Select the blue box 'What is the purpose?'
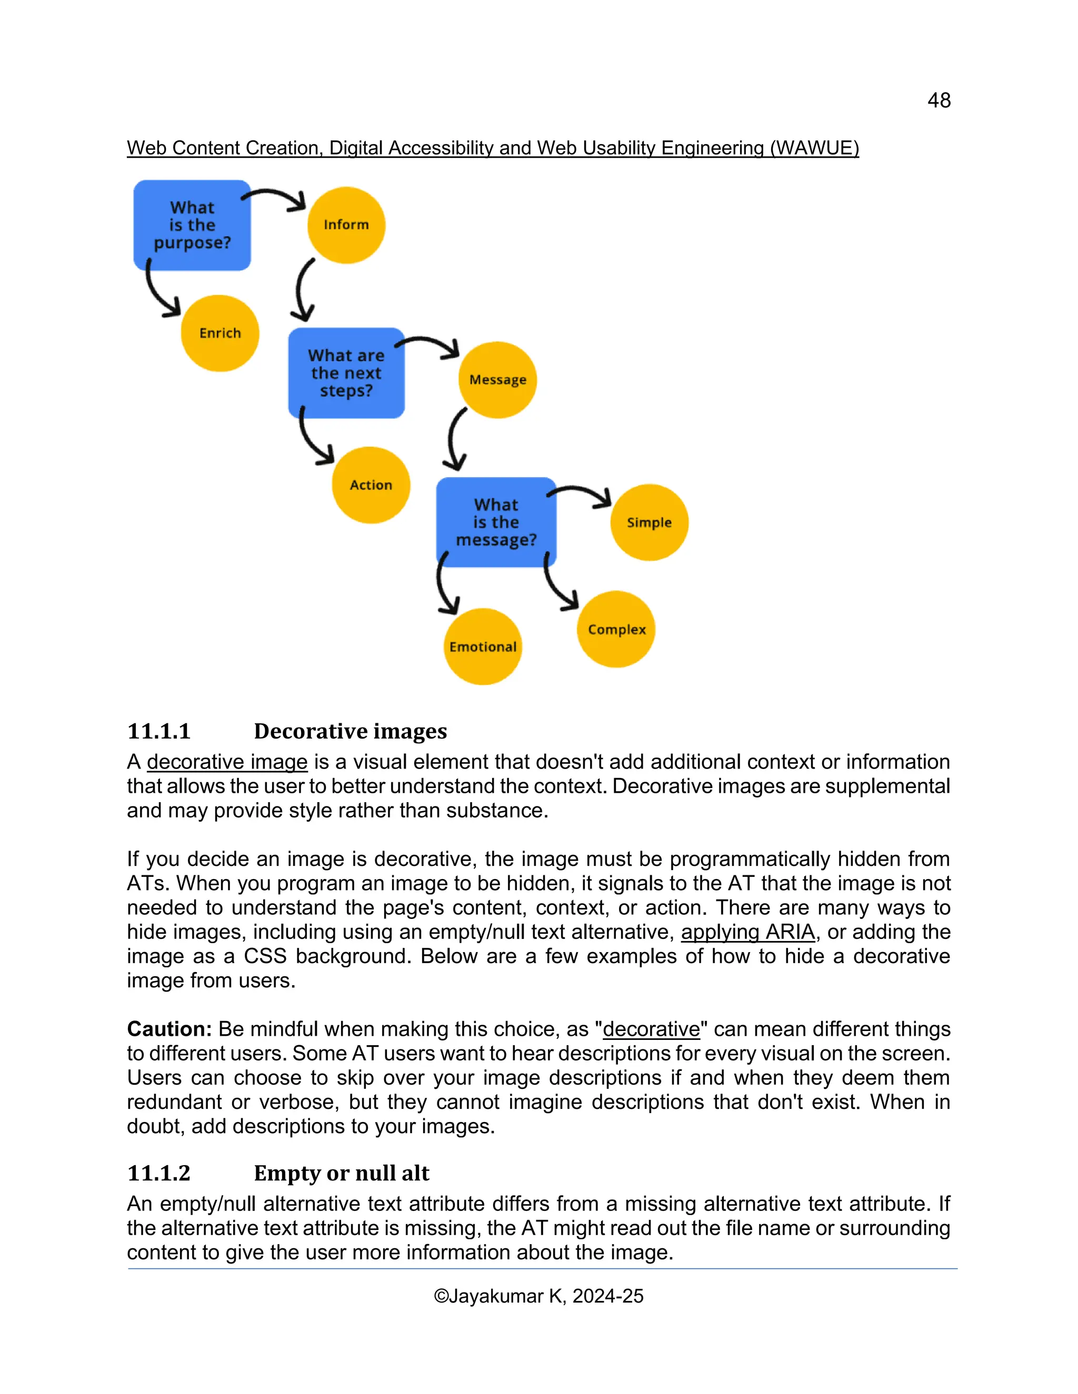(192, 225)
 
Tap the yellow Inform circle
(346, 225)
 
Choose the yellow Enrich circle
(219, 333)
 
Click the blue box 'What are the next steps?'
(346, 373)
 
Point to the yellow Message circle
(497, 380)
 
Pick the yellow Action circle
(371, 485)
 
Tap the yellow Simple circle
(649, 523)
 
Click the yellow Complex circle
(616, 629)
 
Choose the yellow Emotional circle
(483, 647)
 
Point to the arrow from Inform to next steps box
(303, 290)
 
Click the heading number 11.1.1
(159, 731)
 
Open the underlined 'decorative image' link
(227, 762)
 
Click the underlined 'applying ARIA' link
(748, 932)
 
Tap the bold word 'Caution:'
(169, 1029)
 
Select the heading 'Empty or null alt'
(342, 1173)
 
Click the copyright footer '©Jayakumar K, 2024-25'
(538, 1296)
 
